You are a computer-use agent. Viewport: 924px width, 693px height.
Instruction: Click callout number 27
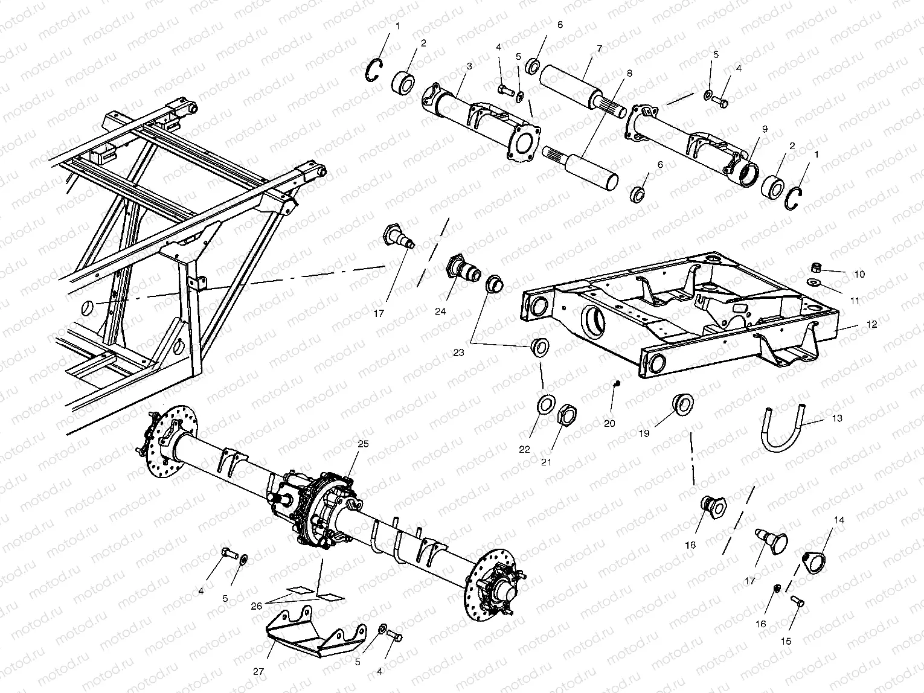point(258,670)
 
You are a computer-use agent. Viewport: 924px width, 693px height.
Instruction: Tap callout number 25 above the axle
point(362,444)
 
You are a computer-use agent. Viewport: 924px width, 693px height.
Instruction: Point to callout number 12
point(871,325)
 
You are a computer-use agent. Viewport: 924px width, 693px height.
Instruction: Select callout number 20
point(609,423)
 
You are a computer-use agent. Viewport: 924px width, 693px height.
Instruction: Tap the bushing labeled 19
point(682,404)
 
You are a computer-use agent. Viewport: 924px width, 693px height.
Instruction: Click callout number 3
point(469,65)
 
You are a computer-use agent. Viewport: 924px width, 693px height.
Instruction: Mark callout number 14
point(839,520)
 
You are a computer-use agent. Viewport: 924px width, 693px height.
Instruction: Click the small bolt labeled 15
point(797,600)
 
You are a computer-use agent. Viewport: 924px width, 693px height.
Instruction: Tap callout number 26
point(257,605)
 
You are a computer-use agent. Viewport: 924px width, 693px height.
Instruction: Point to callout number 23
point(458,352)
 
